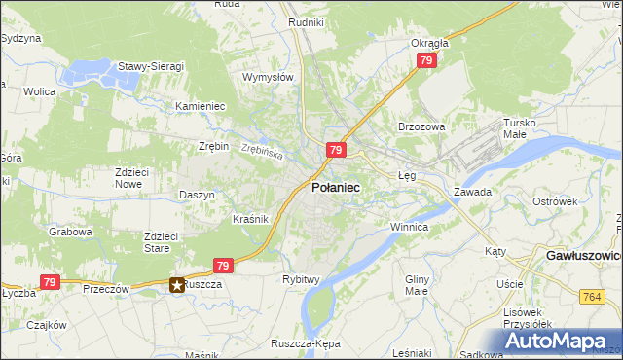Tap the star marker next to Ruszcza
click(x=177, y=285)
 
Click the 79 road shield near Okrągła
click(x=425, y=60)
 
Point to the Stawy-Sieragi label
click(x=151, y=66)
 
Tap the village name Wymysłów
click(x=268, y=77)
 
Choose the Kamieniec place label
click(x=201, y=106)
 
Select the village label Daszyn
click(x=197, y=195)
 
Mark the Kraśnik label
click(x=250, y=219)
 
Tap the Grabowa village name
click(x=71, y=233)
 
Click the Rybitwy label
click(x=301, y=279)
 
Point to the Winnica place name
click(x=409, y=227)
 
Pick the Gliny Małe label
click(x=417, y=284)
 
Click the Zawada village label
click(x=472, y=192)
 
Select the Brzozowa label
click(x=421, y=126)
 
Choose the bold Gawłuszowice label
click(x=578, y=255)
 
